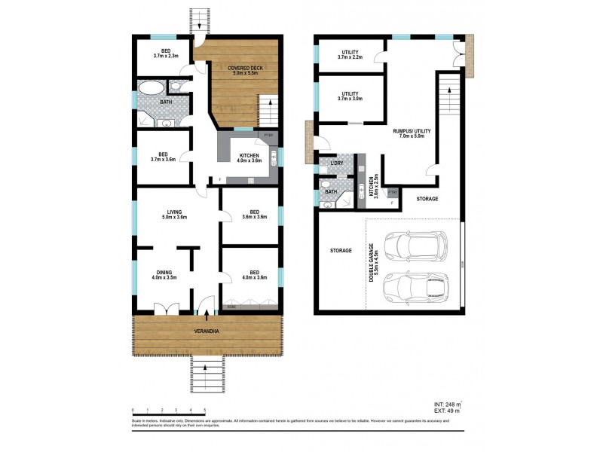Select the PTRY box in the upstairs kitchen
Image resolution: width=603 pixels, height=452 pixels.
coord(268,136)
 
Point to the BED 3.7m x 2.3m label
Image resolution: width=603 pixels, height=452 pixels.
coord(164,52)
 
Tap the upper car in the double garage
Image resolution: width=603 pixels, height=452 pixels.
coord(413,246)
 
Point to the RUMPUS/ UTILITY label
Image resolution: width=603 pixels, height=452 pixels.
coord(409,133)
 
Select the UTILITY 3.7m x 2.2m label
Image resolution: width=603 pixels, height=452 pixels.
coord(350,55)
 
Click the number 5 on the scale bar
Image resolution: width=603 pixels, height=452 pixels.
coord(206,410)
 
